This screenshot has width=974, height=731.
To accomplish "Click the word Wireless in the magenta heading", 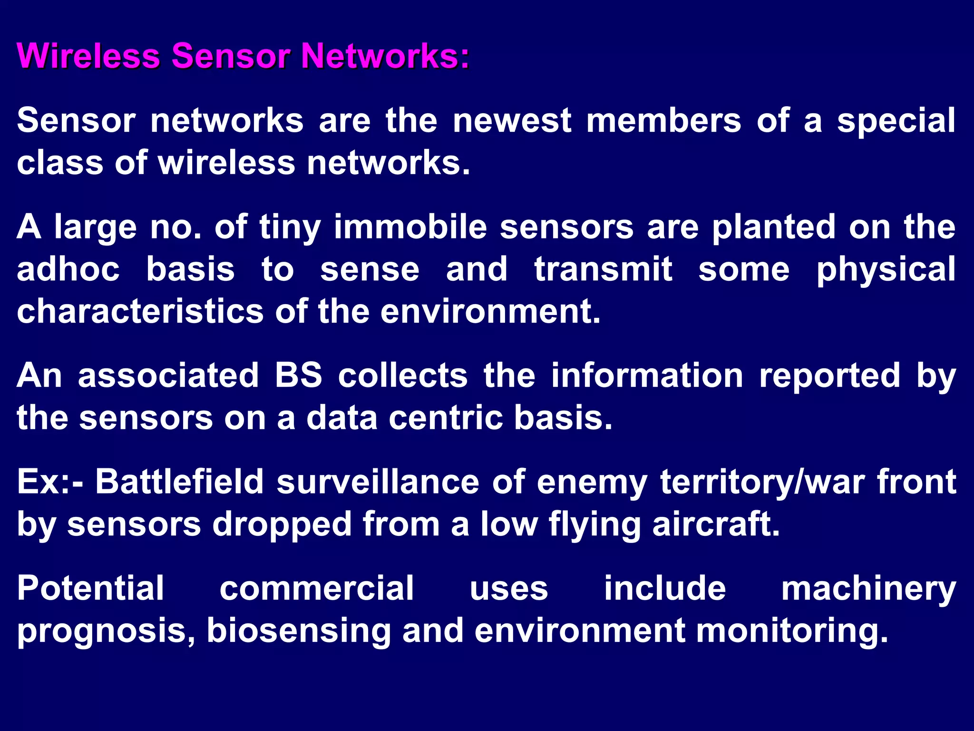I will [88, 56].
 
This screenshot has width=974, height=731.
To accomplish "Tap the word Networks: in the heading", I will [386, 56].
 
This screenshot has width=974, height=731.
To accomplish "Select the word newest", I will [512, 121].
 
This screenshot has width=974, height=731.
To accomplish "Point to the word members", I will [663, 121].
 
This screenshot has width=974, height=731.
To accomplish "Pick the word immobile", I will [410, 227].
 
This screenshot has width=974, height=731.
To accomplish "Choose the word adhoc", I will [68, 269].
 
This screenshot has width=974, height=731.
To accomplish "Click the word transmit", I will [604, 269].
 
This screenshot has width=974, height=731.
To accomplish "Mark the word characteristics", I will [140, 312].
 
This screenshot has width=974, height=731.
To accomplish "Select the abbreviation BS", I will [298, 375].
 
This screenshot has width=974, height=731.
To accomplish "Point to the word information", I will [647, 375].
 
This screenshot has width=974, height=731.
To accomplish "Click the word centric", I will [446, 418].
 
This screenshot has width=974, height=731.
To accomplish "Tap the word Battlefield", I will [180, 482].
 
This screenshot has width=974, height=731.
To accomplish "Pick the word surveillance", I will [378, 482].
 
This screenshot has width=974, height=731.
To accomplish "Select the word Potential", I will [91, 588].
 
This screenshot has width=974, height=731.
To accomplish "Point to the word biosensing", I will [298, 631].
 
